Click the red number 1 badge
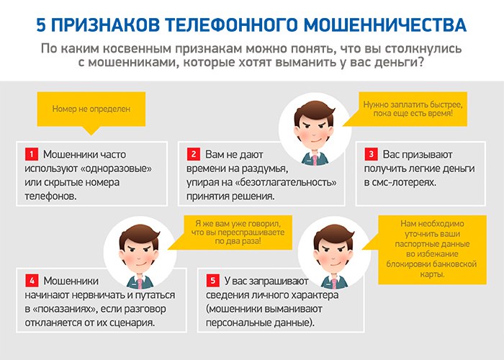coord(32,154)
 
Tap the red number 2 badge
coord(194,154)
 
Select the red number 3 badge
coord(371,154)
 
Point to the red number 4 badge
coord(32,281)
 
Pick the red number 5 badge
coord(213,281)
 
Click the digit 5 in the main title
coord(41,25)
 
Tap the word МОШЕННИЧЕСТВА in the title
coord(384,25)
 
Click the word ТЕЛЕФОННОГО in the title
coord(230,25)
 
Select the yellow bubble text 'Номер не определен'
coord(91,109)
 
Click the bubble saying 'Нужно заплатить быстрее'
coord(413,109)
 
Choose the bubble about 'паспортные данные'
coord(432,249)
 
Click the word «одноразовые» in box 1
coord(116,168)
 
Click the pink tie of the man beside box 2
coord(315,160)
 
